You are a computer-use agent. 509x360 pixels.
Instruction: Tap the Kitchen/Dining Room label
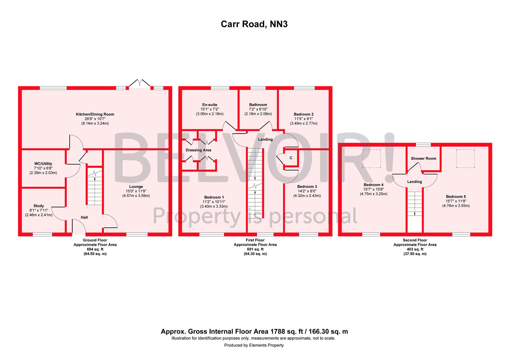click(95, 114)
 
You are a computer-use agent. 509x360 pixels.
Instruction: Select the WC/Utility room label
click(43, 164)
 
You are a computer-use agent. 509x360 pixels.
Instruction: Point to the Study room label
click(39, 206)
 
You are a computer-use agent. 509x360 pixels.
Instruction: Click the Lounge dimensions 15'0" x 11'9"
click(136, 191)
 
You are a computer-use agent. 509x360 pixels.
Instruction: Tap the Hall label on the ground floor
click(84, 217)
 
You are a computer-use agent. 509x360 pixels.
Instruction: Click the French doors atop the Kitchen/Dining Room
click(140, 83)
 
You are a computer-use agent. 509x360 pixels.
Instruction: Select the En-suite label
click(210, 105)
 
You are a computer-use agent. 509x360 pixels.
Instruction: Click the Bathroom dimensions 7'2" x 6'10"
click(258, 109)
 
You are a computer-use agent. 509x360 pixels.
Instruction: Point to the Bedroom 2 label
click(303, 114)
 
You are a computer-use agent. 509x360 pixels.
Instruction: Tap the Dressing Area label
click(199, 150)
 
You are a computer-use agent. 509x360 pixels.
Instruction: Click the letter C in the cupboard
click(291, 158)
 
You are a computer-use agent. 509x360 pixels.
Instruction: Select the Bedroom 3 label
click(307, 186)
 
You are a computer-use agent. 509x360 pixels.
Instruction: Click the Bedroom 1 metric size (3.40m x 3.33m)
click(214, 206)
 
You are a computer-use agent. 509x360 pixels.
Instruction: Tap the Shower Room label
click(424, 159)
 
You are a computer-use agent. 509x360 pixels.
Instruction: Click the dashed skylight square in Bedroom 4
click(371, 159)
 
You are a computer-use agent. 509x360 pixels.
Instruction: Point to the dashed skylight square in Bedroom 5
click(466, 159)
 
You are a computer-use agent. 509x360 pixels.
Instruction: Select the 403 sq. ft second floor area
click(415, 249)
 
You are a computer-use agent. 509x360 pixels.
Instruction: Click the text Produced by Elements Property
click(254, 345)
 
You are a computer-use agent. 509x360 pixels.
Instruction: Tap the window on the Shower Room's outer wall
click(423, 145)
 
